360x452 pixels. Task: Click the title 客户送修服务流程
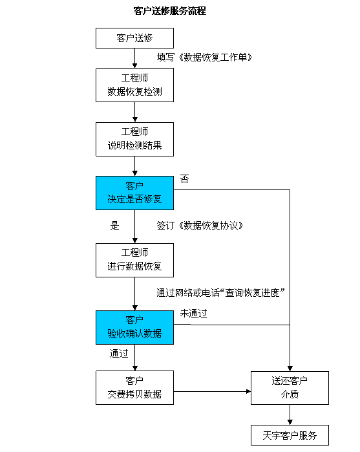tap(169, 11)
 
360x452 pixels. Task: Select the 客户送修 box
tap(134, 38)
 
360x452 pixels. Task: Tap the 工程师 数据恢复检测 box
tap(134, 85)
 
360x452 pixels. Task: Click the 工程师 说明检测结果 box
tap(134, 139)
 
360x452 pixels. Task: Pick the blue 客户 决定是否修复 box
tap(134, 193)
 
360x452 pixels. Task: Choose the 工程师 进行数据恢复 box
tap(134, 261)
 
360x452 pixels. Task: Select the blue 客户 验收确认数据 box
tap(134, 327)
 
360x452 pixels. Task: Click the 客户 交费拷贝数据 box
tap(134, 388)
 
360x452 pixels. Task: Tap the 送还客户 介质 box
tap(290, 388)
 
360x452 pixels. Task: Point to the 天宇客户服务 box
tap(290, 435)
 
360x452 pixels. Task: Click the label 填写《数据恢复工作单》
tap(204, 58)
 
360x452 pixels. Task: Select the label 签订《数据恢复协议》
tap(200, 226)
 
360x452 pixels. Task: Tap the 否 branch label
tap(184, 179)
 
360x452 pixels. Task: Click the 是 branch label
tap(114, 226)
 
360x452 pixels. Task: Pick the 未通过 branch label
tap(193, 314)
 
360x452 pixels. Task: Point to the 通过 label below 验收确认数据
tap(119, 354)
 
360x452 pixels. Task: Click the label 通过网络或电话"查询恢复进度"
tap(221, 293)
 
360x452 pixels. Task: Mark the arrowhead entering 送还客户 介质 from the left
tap(248, 391)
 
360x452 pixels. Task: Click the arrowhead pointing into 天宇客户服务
tap(290, 422)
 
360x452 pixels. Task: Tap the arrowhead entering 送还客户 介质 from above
tap(290, 369)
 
